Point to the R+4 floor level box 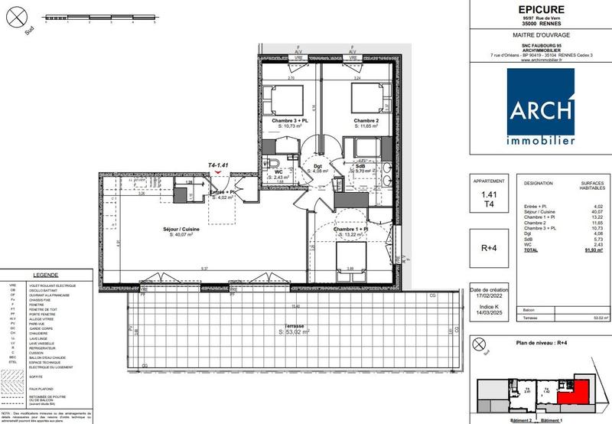point(489,248)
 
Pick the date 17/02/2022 point(489,298)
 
